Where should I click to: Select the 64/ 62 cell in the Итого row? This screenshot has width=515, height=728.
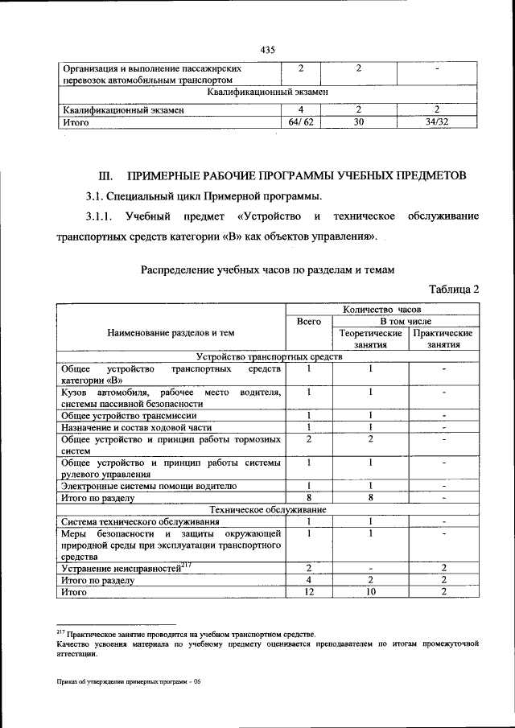click(300, 123)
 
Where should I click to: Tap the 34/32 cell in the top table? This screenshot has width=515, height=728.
click(436, 123)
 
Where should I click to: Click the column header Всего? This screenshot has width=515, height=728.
click(309, 320)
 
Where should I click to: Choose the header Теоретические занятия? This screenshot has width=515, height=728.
click(371, 338)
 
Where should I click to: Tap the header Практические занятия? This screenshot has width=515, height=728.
click(443, 338)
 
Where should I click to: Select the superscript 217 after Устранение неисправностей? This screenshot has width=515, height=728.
click(185, 565)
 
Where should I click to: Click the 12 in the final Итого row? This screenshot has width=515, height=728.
click(309, 592)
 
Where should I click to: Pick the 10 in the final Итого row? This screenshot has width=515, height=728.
click(371, 592)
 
